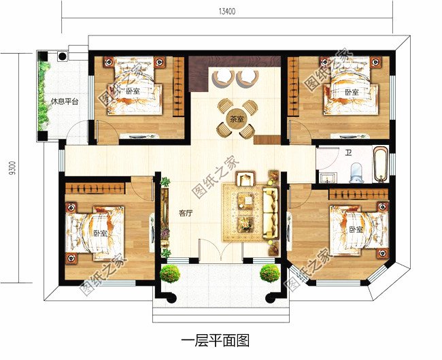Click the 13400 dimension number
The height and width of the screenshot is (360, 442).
[227, 12]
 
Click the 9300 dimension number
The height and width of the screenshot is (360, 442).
[12, 169]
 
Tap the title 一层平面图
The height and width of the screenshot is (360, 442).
[216, 340]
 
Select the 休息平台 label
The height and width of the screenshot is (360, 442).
[65, 101]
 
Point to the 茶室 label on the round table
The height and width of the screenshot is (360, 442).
[236, 119]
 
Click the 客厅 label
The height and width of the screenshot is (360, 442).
[186, 214]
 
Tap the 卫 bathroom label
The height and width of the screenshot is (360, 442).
[349, 154]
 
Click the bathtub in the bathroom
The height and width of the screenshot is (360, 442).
[380, 163]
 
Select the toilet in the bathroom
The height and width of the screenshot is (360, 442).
[356, 172]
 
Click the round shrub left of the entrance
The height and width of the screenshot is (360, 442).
[170, 274]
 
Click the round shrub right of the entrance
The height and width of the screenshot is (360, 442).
[270, 273]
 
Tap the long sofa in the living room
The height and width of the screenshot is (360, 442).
[271, 212]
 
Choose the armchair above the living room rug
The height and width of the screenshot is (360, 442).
[245, 179]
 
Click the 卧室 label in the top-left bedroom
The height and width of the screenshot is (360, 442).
[133, 91]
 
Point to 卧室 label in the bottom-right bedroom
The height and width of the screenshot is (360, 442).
[356, 229]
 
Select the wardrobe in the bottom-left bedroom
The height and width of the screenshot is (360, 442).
[95, 189]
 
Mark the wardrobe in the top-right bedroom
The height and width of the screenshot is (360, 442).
[293, 86]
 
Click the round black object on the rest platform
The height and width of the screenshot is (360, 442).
[63, 56]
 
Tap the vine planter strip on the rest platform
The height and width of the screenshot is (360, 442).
[43, 96]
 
